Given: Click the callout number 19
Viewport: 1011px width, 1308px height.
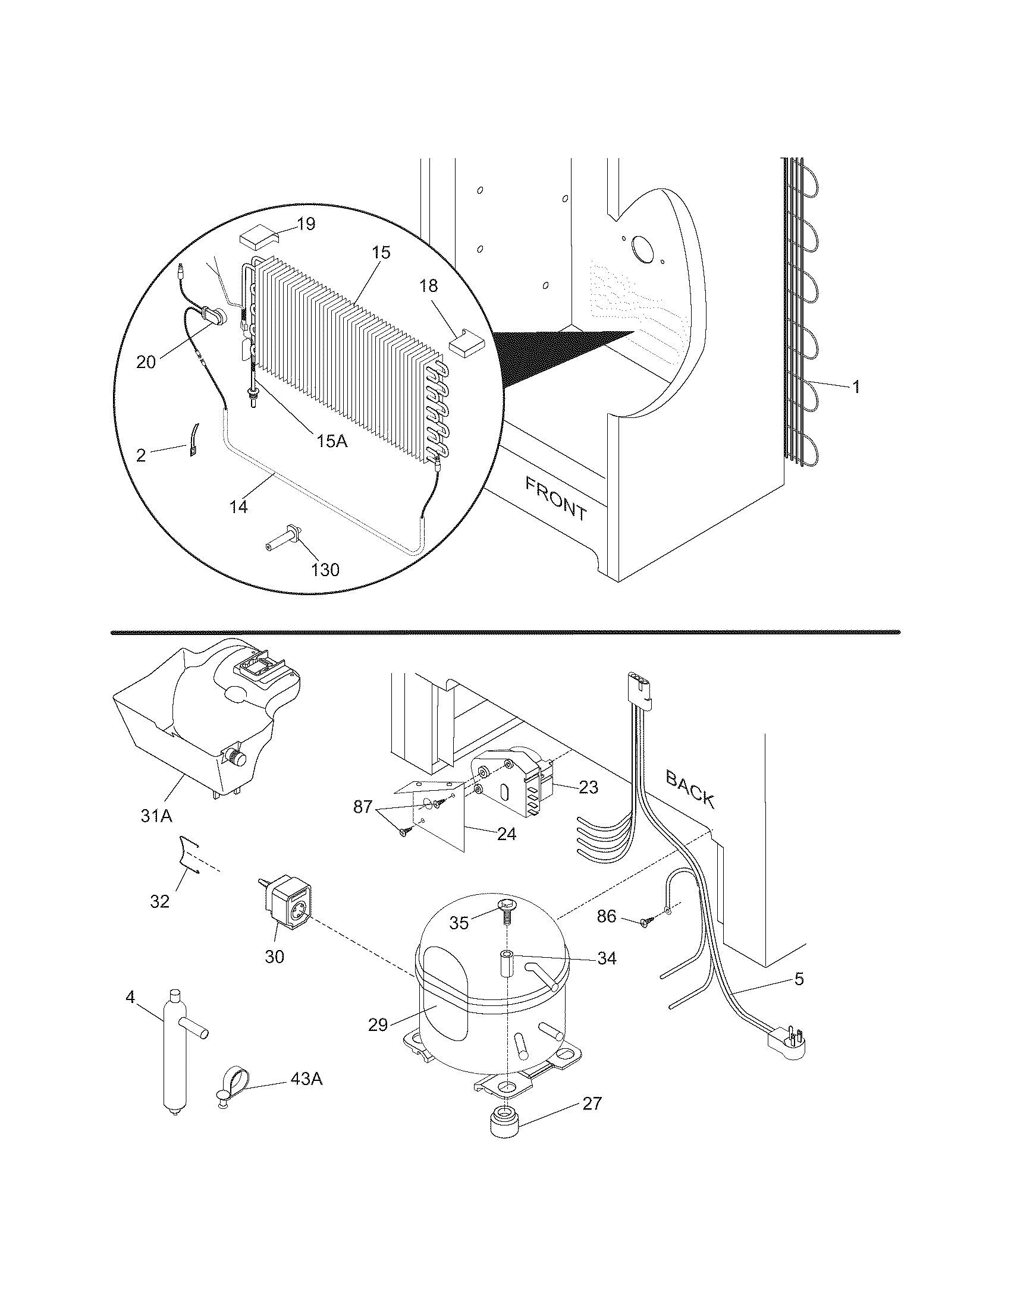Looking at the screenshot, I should click(306, 224).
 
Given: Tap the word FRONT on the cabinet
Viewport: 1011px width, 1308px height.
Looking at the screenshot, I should click(556, 498).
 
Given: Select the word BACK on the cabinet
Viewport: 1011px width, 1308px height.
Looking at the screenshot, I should click(690, 789).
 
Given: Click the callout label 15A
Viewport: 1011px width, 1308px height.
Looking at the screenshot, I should click(332, 441).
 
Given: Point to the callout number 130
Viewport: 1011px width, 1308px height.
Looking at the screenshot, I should click(325, 570).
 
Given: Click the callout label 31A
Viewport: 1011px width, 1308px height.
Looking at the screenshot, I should click(156, 815).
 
